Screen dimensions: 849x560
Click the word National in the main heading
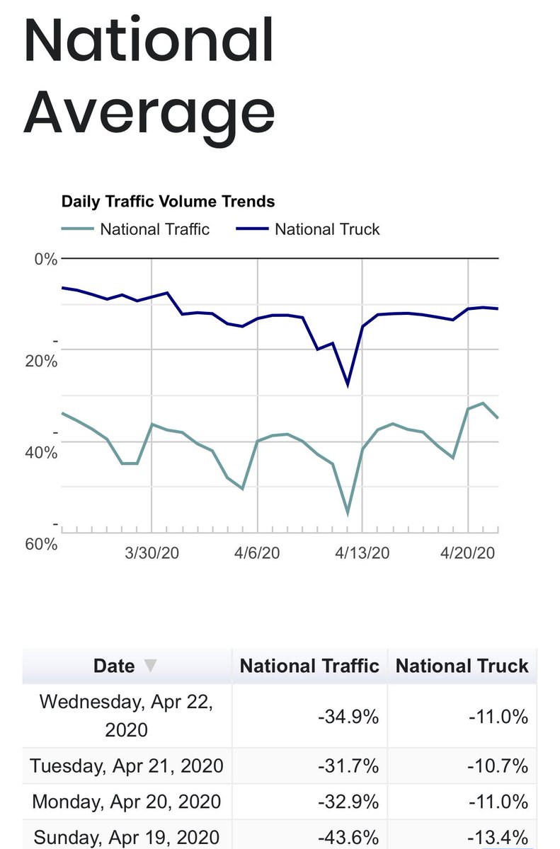pyautogui.click(x=149, y=41)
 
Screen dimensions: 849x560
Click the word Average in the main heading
pyautogui.click(x=149, y=113)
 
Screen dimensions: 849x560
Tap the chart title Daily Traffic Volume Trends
pyautogui.click(x=168, y=202)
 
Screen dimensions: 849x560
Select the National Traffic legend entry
pyautogui.click(x=154, y=229)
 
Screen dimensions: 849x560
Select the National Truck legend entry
pyautogui.click(x=326, y=229)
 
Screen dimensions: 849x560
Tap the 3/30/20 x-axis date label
pyautogui.click(x=152, y=553)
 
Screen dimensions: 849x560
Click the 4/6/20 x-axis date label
pyautogui.click(x=257, y=553)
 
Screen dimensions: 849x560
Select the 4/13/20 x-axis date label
pyautogui.click(x=362, y=553)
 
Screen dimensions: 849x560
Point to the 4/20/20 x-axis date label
pyautogui.click(x=467, y=553)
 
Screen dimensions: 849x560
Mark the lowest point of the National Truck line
pyautogui.click(x=348, y=386)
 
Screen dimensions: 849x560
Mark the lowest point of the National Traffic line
pyautogui.click(x=348, y=514)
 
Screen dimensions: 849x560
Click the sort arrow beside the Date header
pyautogui.click(x=150, y=666)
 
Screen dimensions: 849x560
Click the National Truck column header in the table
pyautogui.click(x=462, y=666)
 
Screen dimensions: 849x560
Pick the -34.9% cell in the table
pyautogui.click(x=348, y=716)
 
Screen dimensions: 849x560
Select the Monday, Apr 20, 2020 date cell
pyautogui.click(x=127, y=802)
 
